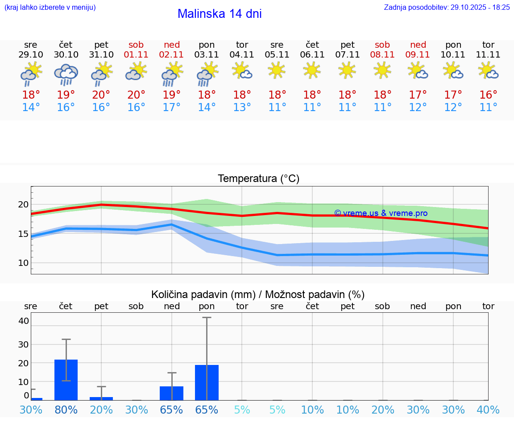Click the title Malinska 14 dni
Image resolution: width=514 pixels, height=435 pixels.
pos(220,14)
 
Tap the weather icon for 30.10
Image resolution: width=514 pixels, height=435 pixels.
pos(66,75)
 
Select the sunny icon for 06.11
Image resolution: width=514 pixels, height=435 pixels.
pos(312,70)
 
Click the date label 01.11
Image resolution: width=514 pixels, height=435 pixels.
pos(137,55)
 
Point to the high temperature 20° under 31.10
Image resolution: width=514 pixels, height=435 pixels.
pos(101,95)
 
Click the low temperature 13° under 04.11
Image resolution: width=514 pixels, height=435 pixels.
pos(242,108)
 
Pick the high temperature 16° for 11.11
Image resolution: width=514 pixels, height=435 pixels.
pos(488,95)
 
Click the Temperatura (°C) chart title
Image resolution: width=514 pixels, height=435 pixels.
pos(258,179)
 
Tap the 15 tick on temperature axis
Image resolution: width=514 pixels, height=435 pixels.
pos(23,234)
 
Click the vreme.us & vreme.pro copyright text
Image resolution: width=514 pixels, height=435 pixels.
pos(381,213)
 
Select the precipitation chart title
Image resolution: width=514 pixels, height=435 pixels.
pos(258,294)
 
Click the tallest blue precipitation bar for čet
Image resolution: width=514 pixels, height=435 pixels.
pos(66,380)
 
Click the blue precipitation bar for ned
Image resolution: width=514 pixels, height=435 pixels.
pos(172,393)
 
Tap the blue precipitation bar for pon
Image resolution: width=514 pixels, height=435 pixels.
pos(207,382)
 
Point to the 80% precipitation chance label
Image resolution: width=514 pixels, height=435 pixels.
pos(66,410)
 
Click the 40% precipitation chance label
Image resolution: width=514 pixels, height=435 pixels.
pos(488,410)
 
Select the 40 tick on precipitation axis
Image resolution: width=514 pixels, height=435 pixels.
pos(24,321)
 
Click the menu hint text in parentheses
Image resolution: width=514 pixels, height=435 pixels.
pos(50,7)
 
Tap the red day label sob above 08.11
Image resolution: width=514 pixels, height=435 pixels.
pos(382,45)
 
